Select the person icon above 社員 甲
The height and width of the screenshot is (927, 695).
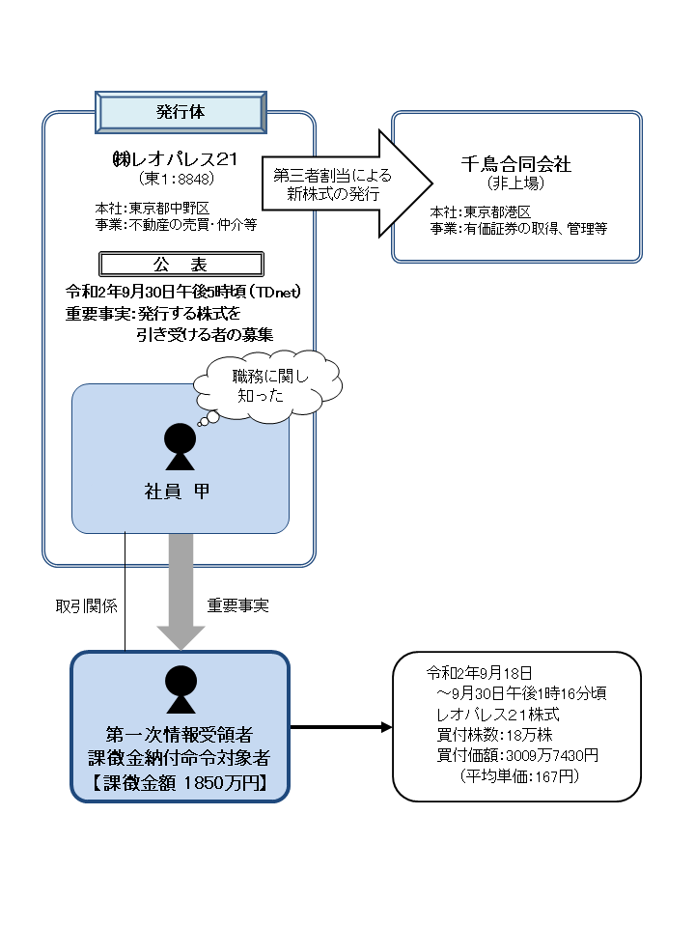point(181,443)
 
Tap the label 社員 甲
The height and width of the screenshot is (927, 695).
point(181,492)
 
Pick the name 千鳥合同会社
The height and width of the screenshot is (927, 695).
point(516,164)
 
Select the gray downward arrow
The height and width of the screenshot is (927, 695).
point(181,589)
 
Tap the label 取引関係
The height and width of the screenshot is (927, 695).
point(86,606)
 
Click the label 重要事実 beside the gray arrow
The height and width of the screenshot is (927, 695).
point(237,606)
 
